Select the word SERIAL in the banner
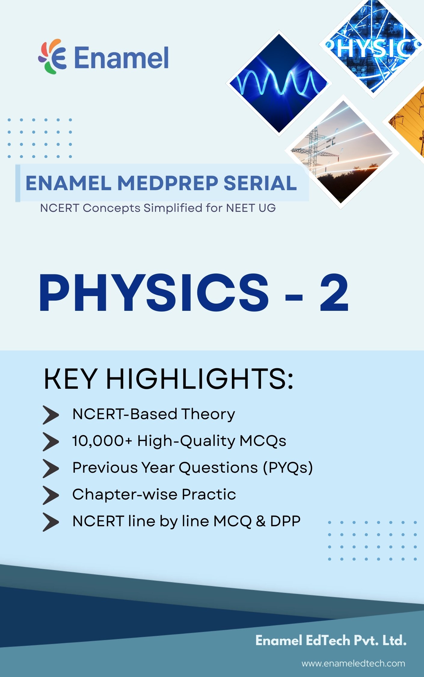click(x=260, y=183)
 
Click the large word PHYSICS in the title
click(x=154, y=292)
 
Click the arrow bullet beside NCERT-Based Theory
click(x=51, y=415)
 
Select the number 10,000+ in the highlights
click(x=102, y=441)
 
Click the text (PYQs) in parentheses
click(x=288, y=468)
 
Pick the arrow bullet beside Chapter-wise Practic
click(x=51, y=495)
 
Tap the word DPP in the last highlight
click(x=285, y=521)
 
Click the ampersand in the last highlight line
click(x=260, y=521)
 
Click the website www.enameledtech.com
click(x=353, y=663)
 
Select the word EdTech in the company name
click(x=327, y=640)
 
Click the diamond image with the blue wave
click(x=279, y=83)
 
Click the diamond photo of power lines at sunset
click(x=342, y=152)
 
